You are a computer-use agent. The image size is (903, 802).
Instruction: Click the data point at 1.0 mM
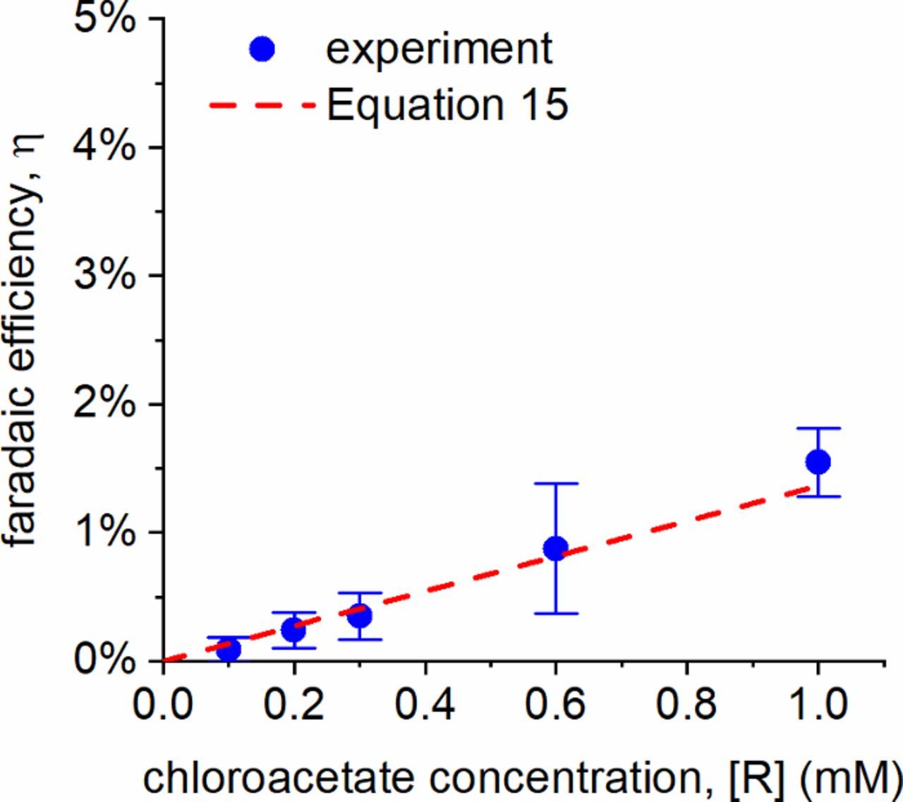(818, 462)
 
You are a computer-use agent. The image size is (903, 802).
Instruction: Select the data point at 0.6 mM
(556, 548)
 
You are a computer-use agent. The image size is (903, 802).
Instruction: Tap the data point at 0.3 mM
(360, 616)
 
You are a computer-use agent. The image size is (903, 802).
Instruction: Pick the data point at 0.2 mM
(294, 628)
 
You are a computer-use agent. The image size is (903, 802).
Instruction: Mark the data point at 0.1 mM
(228, 648)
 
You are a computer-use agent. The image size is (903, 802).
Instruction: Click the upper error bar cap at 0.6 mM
(556, 484)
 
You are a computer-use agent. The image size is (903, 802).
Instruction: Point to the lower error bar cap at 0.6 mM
(556, 614)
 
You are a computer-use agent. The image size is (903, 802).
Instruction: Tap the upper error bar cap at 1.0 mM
(818, 428)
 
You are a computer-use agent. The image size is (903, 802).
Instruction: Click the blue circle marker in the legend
(262, 49)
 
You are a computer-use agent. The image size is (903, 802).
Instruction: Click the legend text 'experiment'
(439, 49)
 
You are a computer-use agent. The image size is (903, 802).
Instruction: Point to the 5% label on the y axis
(105, 19)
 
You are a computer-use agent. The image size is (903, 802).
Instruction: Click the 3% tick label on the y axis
(105, 275)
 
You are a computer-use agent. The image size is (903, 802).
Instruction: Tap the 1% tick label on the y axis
(105, 532)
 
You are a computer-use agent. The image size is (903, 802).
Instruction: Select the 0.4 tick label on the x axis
(425, 704)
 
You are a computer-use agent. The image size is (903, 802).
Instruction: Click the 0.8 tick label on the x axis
(686, 704)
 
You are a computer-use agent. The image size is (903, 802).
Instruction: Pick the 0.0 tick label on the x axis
(164, 704)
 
